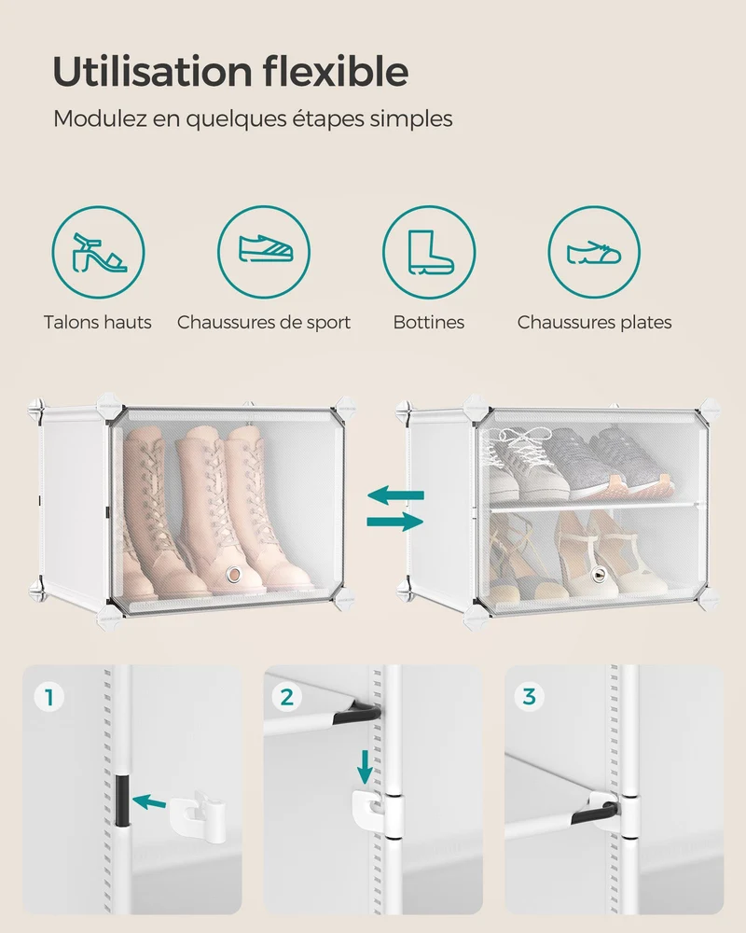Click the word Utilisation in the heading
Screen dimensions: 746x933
(x=153, y=72)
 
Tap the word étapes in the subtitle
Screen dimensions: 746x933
(x=327, y=119)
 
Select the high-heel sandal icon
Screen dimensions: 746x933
(x=98, y=252)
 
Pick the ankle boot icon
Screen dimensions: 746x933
(x=430, y=252)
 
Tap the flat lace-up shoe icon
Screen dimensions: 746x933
(x=594, y=252)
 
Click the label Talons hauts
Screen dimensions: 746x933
(x=98, y=323)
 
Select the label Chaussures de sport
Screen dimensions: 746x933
(x=264, y=323)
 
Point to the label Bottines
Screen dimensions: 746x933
(x=428, y=323)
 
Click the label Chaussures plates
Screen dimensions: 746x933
(x=594, y=323)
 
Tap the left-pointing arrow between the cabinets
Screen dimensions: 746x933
(x=395, y=494)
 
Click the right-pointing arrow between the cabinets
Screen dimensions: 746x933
(x=395, y=522)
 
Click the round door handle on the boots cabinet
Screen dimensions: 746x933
(x=234, y=574)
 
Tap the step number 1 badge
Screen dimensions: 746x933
(x=49, y=697)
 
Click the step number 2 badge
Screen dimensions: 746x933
(x=287, y=697)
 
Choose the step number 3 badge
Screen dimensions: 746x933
(x=529, y=697)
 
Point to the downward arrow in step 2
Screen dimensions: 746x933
(x=365, y=767)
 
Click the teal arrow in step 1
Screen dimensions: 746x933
(x=148, y=802)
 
